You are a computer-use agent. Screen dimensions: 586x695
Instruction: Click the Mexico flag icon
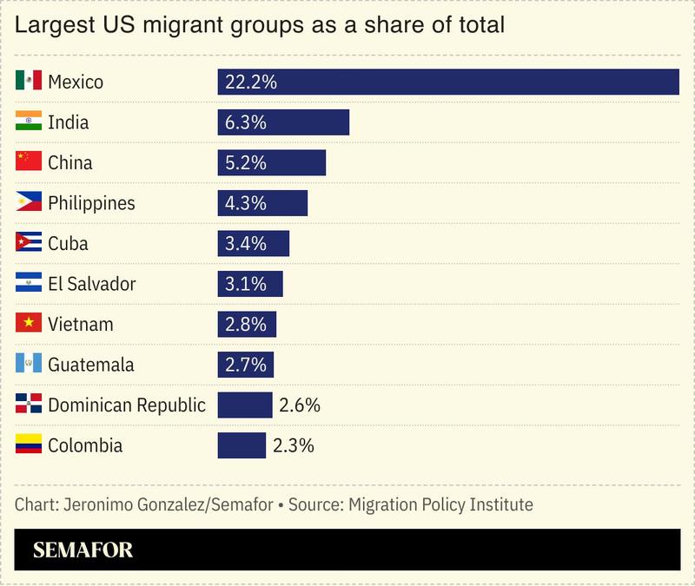point(29,82)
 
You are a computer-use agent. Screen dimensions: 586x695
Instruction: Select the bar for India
point(283,122)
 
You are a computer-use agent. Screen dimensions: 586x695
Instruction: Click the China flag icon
point(29,162)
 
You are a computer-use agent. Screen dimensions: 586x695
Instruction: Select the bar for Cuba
point(253,243)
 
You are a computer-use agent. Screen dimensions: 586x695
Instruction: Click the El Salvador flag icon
point(29,284)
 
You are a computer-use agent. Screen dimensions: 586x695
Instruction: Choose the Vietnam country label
point(80,324)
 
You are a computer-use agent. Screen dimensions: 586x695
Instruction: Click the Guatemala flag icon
point(29,365)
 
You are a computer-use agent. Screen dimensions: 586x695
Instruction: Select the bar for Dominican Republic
point(244,405)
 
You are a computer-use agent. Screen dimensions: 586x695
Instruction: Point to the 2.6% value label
point(299,405)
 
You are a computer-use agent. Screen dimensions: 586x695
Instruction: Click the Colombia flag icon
point(29,445)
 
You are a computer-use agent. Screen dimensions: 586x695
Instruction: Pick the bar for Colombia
point(242,445)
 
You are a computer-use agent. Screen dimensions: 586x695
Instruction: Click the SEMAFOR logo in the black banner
point(83,550)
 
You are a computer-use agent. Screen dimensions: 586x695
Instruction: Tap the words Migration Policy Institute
point(440,504)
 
